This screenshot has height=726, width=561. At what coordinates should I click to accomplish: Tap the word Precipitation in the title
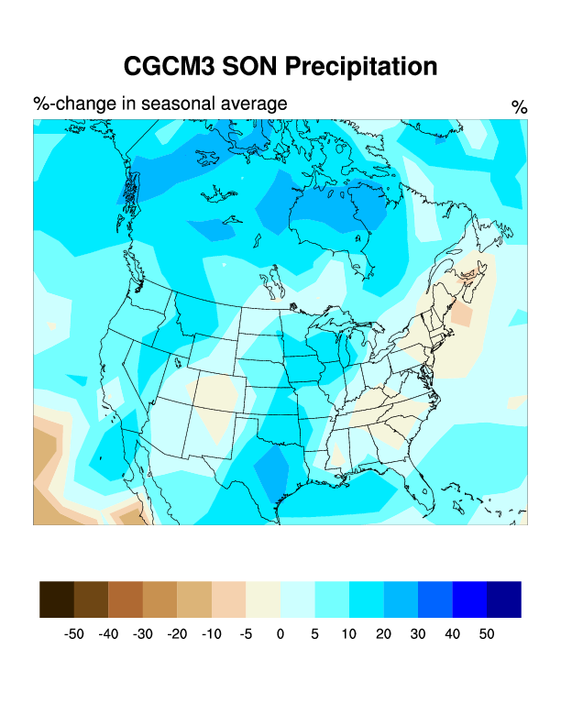360,67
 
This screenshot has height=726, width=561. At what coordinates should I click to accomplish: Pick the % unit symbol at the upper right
520,108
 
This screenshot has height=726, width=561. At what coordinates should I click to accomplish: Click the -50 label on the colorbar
73,634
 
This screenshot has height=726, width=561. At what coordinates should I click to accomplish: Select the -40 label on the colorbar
108,634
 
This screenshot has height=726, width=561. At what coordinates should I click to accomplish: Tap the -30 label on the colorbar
142,634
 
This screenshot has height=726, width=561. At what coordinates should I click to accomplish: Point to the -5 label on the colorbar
246,634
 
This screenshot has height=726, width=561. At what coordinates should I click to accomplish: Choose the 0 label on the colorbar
280,634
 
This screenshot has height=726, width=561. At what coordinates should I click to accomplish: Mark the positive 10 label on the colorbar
349,634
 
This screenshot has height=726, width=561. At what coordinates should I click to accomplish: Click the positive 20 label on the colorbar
383,634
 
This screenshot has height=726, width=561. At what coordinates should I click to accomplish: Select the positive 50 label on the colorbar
487,634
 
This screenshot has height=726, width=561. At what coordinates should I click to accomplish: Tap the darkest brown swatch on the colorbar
57,599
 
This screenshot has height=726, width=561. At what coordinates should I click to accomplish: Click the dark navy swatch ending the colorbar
504,599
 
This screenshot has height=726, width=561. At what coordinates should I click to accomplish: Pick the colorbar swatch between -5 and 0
263,599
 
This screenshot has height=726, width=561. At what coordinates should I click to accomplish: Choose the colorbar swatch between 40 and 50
469,599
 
